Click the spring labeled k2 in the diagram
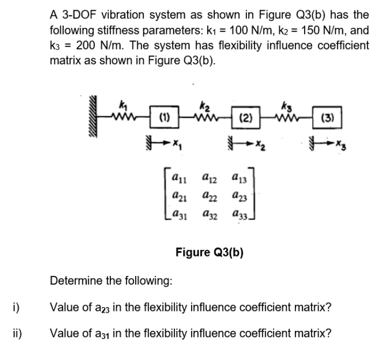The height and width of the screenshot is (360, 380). (206, 114)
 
